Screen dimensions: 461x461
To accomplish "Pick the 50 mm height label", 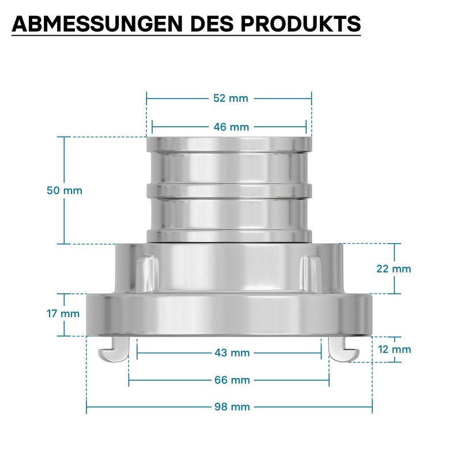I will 64,190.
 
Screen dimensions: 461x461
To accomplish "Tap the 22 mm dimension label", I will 394,269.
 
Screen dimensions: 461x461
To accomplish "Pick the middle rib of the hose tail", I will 229,190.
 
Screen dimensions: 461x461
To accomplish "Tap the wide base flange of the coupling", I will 229,314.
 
